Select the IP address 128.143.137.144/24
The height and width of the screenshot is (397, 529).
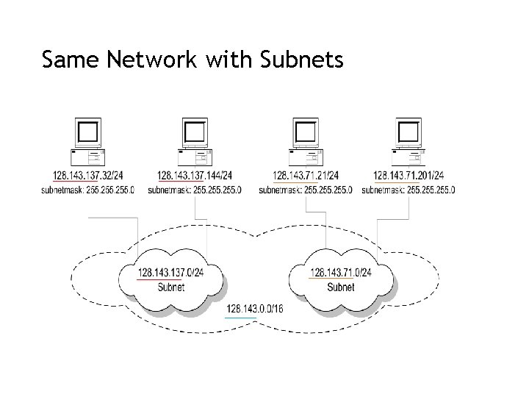[x=195, y=176]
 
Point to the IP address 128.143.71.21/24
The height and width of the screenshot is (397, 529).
[x=306, y=176]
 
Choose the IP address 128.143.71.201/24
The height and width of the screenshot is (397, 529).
[x=409, y=176]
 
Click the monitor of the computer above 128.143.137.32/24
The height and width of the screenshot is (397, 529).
[x=87, y=132]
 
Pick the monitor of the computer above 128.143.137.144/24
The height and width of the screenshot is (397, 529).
[x=195, y=132]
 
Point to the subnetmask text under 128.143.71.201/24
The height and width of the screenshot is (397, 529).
[x=409, y=190]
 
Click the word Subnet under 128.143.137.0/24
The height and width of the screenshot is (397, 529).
[x=170, y=287]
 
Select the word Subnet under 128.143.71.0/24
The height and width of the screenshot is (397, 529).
[x=341, y=287]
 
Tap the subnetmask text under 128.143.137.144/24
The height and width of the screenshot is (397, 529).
[x=195, y=190]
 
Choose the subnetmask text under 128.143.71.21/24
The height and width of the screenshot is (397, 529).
[x=306, y=190]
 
